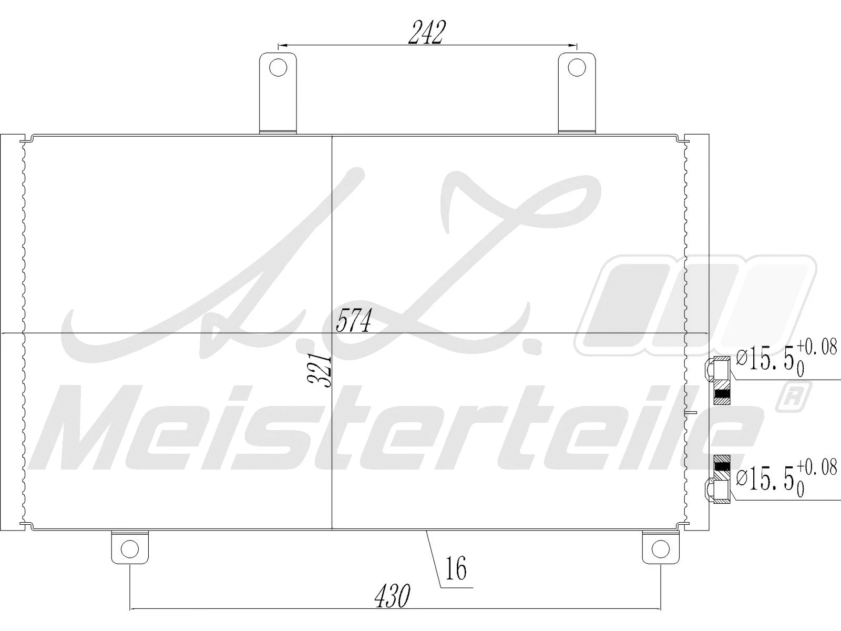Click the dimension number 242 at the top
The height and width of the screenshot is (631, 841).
tap(427, 33)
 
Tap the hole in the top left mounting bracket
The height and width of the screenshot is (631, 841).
tap(278, 68)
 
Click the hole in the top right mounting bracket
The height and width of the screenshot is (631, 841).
tap(577, 68)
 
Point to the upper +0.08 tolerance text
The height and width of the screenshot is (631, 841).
tap(816, 348)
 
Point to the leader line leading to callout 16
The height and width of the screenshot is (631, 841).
tap(433, 557)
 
